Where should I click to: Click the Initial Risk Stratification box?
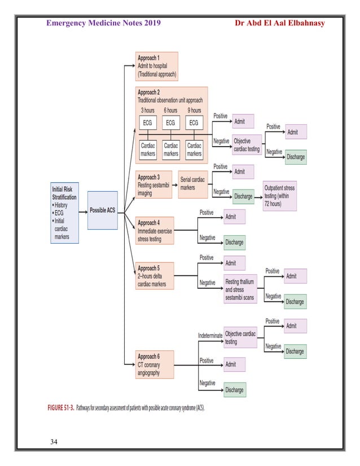64,211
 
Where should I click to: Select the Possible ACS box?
102,210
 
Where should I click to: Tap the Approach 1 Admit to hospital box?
156,65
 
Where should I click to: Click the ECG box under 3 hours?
147,122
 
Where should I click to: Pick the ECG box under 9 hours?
194,122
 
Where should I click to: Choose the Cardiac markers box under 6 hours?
170,150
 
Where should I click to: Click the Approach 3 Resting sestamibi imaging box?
153,184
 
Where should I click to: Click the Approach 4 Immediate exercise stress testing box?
155,230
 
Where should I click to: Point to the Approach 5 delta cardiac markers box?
155,276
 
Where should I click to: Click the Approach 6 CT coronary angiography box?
155,364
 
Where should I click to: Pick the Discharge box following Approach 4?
234,242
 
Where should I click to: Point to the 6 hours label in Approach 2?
170,111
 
